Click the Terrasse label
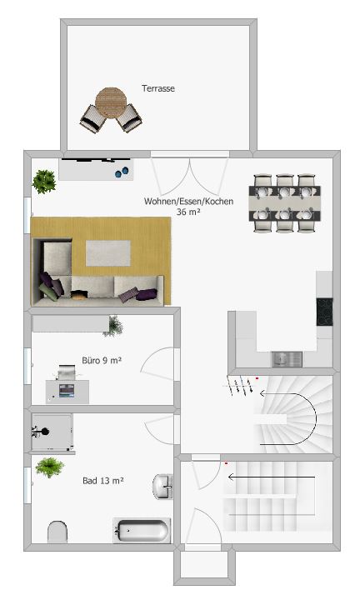point(158,88)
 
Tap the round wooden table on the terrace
point(111,102)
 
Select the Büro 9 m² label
point(102,360)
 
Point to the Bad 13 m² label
point(103,481)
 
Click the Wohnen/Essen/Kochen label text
point(188,201)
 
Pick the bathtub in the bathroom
point(142,530)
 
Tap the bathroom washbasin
point(162,486)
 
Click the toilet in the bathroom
point(57,532)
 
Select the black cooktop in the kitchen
point(325,312)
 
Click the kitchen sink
point(287,359)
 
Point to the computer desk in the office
point(67,392)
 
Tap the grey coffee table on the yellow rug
point(108,253)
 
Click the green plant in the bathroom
point(49,467)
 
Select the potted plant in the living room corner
point(44,182)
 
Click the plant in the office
point(113,327)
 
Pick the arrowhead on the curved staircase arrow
point(262,393)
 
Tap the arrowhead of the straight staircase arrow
point(230,477)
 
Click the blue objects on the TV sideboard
point(122,172)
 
